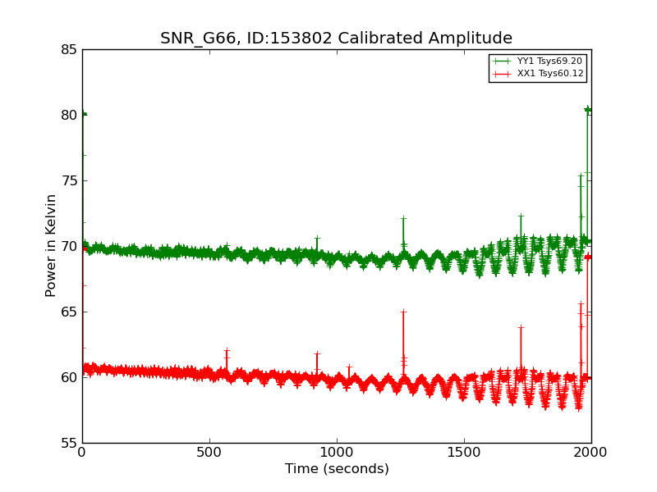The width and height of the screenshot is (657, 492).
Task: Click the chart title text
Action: [x=336, y=38]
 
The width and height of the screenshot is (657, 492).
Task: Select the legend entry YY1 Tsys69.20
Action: [x=549, y=61]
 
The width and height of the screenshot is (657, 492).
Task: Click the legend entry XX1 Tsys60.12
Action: [x=550, y=74]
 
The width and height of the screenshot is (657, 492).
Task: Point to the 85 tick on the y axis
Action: [x=69, y=50]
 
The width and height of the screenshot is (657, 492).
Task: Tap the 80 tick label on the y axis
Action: [x=69, y=115]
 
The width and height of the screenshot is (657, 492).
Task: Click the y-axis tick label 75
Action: [x=69, y=180]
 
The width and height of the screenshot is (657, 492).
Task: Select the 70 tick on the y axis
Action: [x=69, y=247]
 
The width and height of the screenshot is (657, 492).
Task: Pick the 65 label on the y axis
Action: [x=69, y=312]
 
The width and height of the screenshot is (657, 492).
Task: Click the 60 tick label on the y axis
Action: [x=69, y=377]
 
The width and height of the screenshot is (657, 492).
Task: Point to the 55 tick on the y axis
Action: [x=69, y=443]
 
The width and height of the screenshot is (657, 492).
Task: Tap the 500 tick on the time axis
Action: [x=209, y=453]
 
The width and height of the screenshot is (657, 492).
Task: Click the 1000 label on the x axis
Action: [x=337, y=453]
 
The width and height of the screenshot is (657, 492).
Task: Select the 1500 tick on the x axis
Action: [x=464, y=453]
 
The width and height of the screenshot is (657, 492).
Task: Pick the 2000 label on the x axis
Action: [x=590, y=453]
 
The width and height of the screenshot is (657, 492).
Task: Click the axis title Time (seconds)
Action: [x=337, y=468]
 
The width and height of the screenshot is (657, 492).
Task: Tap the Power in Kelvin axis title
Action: [x=51, y=246]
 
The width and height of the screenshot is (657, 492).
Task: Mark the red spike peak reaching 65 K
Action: [x=403, y=312]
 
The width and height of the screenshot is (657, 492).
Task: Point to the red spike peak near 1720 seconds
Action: [x=521, y=326]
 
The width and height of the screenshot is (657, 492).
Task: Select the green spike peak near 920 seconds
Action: [x=317, y=238]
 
